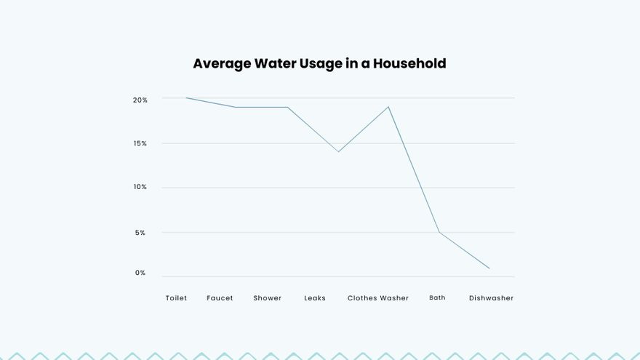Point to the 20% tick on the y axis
pyautogui.click(x=140, y=100)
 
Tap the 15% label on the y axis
pyautogui.click(x=140, y=143)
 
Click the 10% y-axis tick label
pyautogui.click(x=140, y=187)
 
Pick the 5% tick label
pyautogui.click(x=140, y=233)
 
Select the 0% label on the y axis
pyautogui.click(x=140, y=273)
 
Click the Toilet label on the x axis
pyautogui.click(x=176, y=298)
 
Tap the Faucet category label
pyautogui.click(x=220, y=298)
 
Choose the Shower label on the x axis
pyautogui.click(x=267, y=298)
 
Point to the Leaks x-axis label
pyautogui.click(x=315, y=298)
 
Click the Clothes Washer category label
pyautogui.click(x=377, y=298)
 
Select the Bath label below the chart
pyautogui.click(x=437, y=297)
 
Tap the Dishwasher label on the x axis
pyautogui.click(x=491, y=298)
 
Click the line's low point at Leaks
pyautogui.click(x=338, y=151)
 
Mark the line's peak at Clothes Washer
pyautogui.click(x=388, y=107)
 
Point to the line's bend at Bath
pyautogui.click(x=439, y=232)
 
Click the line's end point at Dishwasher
pyautogui.click(x=489, y=268)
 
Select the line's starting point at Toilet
pyautogui.click(x=186, y=97)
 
